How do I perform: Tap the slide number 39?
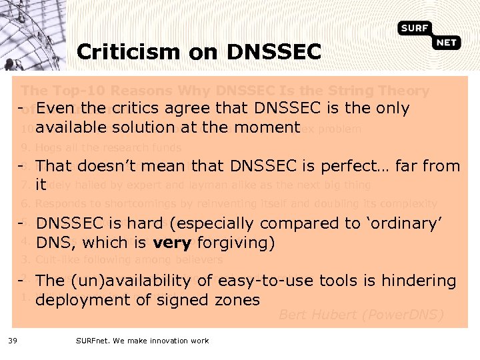(x=12, y=341)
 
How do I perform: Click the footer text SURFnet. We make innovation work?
(x=142, y=341)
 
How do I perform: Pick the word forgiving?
(x=239, y=243)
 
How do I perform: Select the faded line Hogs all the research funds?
(x=108, y=147)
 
